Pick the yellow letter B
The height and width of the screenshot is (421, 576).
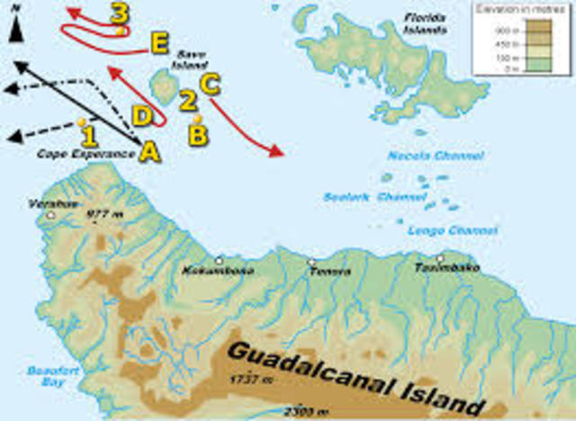point(196,134)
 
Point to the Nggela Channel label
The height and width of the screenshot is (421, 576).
point(423,156)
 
